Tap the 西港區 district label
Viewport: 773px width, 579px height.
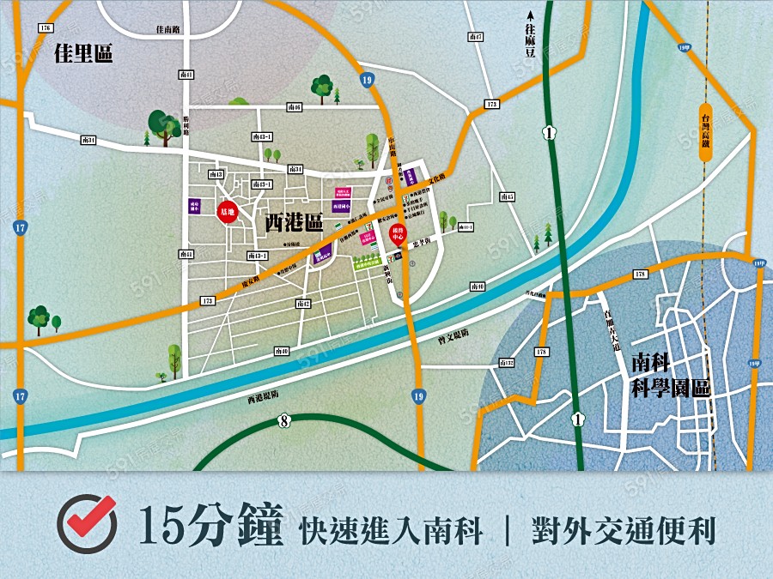[293, 224]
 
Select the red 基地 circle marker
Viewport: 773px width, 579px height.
[228, 210]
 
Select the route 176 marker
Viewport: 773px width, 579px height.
[46, 28]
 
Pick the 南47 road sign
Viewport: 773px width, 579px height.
[476, 37]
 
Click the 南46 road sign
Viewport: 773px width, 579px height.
[295, 107]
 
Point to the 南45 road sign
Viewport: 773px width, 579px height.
[507, 197]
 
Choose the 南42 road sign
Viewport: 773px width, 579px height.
[302, 304]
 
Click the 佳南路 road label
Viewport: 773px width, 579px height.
[168, 29]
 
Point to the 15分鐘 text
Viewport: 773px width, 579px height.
[210, 526]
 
